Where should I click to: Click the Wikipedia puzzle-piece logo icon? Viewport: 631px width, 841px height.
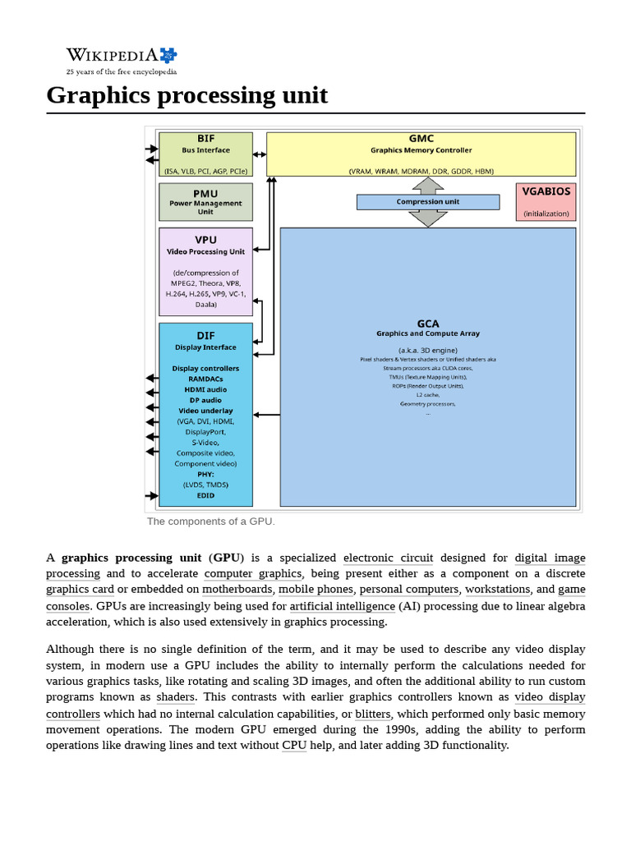pos(168,55)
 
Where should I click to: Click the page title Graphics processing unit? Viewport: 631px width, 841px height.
pos(187,95)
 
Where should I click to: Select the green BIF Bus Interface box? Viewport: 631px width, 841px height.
pos(205,154)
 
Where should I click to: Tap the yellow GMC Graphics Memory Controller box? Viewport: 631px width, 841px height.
pos(421,154)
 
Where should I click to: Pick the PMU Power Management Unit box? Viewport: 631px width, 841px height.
pos(205,202)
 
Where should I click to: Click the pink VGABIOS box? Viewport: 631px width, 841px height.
pos(546,201)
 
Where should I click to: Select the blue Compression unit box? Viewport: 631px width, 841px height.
pos(427,202)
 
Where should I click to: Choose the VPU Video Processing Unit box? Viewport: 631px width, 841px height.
pos(205,272)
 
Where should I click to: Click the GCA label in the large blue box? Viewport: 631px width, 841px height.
pos(427,323)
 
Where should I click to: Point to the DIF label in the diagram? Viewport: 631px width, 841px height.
pos(205,336)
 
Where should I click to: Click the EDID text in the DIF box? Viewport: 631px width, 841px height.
pos(205,496)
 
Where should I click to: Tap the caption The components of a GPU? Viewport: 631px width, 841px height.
pos(211,522)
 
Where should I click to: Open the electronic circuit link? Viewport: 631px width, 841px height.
pos(388,558)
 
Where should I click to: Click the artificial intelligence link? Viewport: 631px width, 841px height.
pos(342,606)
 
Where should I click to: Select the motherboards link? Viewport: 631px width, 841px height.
pos(237,589)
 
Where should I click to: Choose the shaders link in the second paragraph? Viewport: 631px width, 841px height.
pos(176,697)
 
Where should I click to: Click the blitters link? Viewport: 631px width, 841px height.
pos(373,714)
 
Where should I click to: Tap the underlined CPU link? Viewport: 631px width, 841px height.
pos(293,745)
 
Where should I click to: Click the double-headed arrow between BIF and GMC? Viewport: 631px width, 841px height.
pos(260,154)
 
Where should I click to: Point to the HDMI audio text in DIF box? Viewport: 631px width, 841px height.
pos(205,389)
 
